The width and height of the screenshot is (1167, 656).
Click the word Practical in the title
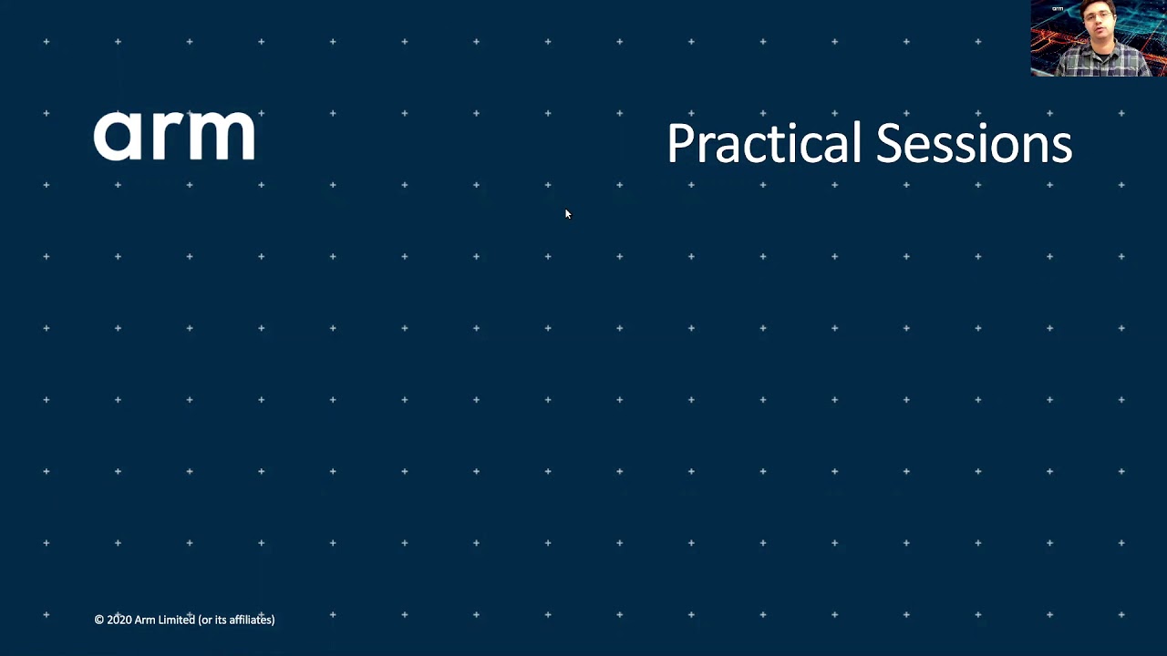[x=764, y=143]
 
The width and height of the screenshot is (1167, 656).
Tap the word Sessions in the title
[x=974, y=143]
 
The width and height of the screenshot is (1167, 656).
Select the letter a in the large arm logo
[x=119, y=136]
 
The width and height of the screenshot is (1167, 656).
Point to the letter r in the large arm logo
[x=162, y=136]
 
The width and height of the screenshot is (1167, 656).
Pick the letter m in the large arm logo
[x=217, y=136]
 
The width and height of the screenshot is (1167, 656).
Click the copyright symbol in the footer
[x=99, y=620]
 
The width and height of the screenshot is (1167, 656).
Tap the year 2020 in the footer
[x=119, y=620]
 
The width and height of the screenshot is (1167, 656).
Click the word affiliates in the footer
[x=250, y=620]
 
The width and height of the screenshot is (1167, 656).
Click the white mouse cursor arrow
[x=568, y=214]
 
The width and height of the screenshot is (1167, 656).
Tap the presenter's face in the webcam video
[x=1096, y=23]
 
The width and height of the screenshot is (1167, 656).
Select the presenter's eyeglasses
[x=1096, y=17]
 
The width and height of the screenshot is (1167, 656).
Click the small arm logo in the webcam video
[x=1058, y=9]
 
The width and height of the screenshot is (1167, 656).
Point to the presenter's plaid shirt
[x=1103, y=60]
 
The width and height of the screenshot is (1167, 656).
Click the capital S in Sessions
[x=888, y=143]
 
